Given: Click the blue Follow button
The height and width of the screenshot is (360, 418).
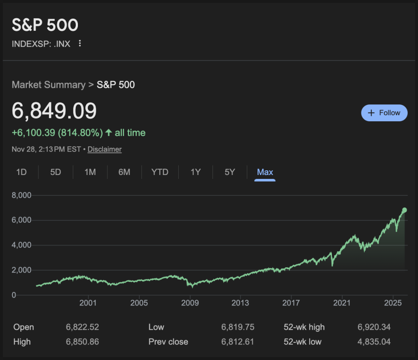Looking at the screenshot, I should tap(384, 113).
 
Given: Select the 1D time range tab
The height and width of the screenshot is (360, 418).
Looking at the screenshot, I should tap(22, 172).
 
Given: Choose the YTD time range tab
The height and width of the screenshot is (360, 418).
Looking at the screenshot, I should tap(160, 172).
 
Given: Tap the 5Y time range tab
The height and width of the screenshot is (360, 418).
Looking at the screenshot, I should tap(230, 172).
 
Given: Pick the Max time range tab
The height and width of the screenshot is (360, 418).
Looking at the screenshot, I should tap(265, 172).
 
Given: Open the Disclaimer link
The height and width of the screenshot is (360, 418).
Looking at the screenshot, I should tap(104, 149).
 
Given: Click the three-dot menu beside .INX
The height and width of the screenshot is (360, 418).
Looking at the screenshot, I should tap(80, 43).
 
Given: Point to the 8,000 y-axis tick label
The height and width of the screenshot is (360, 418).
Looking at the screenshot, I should tap(21, 195).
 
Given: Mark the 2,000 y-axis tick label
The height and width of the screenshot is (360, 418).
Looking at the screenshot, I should tap(21, 270).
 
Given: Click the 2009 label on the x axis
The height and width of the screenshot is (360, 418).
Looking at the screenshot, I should tap(190, 302).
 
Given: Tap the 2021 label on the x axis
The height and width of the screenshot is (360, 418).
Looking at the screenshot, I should tap(342, 302).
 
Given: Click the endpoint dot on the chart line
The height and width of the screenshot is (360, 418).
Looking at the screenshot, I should tap(405, 210).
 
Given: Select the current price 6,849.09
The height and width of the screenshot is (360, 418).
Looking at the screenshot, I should tap(54, 111).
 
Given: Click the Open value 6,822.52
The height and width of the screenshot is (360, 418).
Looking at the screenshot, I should tap(82, 327).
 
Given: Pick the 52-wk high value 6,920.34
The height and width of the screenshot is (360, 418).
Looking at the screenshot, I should tap(374, 327).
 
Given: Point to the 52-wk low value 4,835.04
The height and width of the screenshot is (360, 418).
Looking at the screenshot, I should tap(374, 342).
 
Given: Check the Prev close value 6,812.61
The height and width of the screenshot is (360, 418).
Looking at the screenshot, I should tap(238, 342).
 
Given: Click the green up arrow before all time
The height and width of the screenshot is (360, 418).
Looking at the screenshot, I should tap(109, 133).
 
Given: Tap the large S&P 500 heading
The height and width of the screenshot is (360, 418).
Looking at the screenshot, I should tap(45, 25).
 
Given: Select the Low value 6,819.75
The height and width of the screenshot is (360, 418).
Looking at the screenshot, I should tap(238, 327).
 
